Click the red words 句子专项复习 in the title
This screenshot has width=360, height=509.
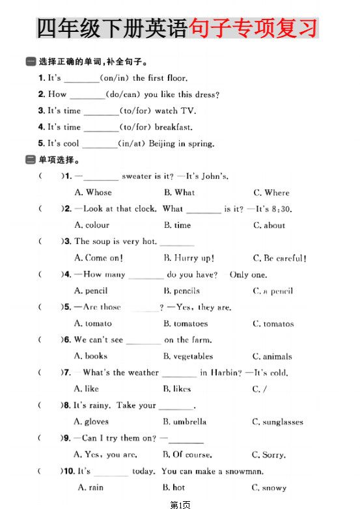253,29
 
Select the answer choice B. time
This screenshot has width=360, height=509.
178,225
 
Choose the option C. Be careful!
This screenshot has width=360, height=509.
280,258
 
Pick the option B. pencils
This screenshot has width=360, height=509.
182,291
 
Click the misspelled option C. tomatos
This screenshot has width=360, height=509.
273,323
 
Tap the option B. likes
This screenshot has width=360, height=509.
178,389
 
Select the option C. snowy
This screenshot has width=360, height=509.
269,488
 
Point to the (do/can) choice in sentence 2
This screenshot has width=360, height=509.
124,94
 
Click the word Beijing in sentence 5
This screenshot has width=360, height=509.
162,143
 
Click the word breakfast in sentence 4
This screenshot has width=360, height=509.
173,127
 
